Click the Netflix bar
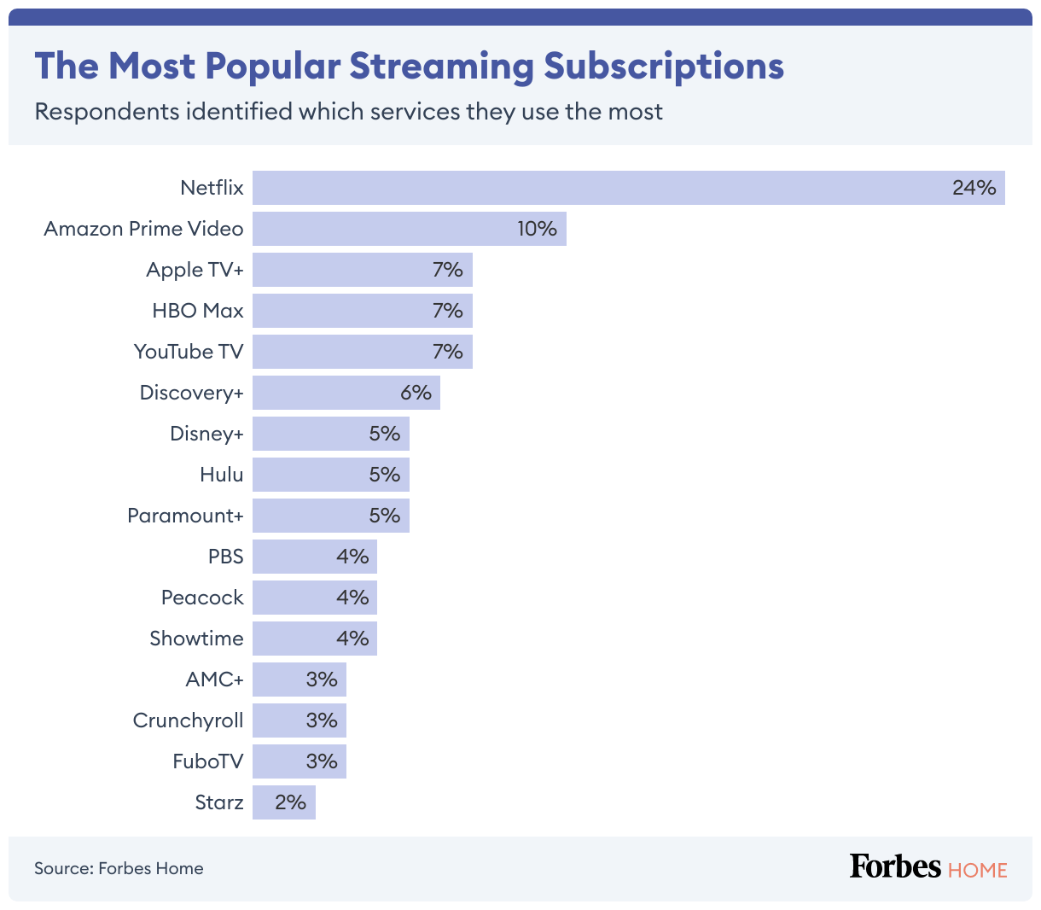(x=628, y=188)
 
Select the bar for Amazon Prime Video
(x=409, y=229)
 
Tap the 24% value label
(x=974, y=188)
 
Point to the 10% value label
(x=537, y=229)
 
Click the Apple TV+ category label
(x=195, y=270)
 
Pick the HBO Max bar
(x=362, y=311)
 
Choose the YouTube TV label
(x=189, y=352)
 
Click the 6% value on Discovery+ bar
(x=416, y=393)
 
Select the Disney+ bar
(x=330, y=434)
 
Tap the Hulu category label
(x=222, y=475)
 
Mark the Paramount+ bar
(x=330, y=516)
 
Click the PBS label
(x=226, y=557)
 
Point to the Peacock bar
(x=314, y=598)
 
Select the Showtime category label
(x=196, y=639)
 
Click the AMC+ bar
(x=299, y=680)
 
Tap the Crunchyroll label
(x=188, y=720)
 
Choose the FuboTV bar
(x=299, y=761)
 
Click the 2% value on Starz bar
(x=290, y=802)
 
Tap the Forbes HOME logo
(x=928, y=867)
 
